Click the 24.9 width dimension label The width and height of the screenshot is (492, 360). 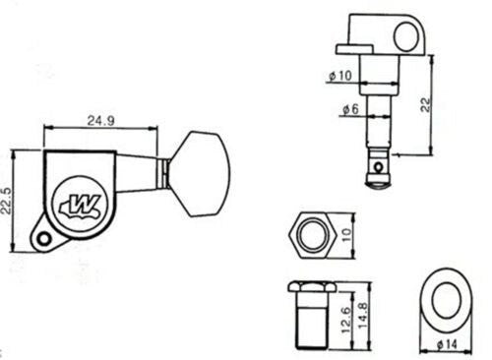(x=101, y=121)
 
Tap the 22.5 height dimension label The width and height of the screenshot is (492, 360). (x=7, y=201)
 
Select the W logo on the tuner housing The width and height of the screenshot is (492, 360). (x=80, y=207)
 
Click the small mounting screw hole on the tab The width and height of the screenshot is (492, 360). (x=43, y=239)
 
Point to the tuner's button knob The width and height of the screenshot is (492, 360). (x=200, y=174)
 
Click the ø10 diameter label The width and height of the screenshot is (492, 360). (x=340, y=76)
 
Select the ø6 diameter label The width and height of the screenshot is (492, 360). (x=350, y=109)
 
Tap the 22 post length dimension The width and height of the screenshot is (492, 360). (x=425, y=104)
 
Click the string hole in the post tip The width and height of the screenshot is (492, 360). (x=379, y=167)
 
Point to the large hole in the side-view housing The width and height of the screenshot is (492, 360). (x=406, y=36)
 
